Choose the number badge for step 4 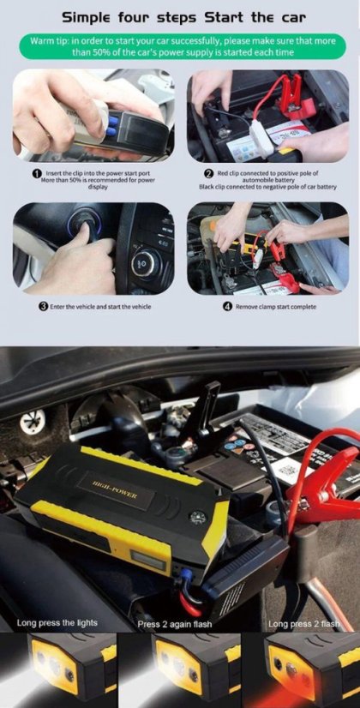[x=227, y=306]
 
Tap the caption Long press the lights [x=57, y=622]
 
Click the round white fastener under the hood [x=33, y=421]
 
